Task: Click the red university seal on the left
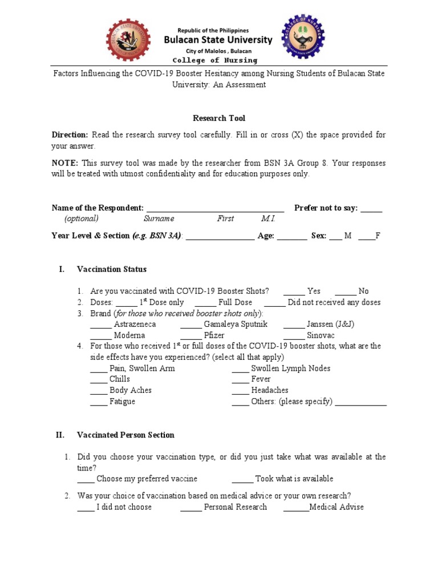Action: (129, 40)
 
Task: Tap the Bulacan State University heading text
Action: (218, 40)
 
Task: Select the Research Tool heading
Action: (219, 118)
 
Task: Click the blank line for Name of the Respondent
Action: (215, 209)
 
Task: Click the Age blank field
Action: (292, 236)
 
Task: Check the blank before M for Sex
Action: (336, 236)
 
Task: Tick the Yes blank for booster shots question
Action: (294, 291)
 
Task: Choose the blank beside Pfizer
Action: (191, 336)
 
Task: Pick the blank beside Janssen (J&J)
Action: (294, 325)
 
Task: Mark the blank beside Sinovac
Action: (294, 336)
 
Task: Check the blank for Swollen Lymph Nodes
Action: (240, 369)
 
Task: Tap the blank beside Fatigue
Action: (99, 402)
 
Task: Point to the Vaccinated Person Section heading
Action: (125, 435)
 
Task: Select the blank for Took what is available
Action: (242, 479)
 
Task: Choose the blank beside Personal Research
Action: (191, 508)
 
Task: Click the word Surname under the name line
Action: (159, 219)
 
